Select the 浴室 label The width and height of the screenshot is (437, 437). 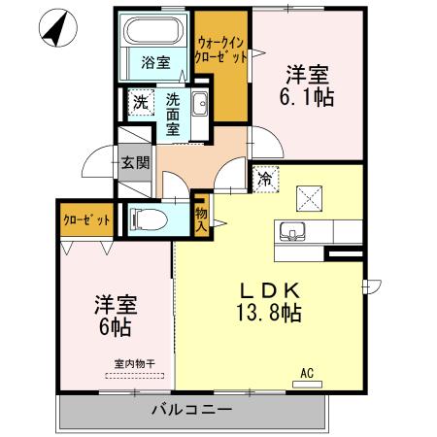tap(155, 64)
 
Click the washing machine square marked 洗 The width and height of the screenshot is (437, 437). tap(140, 101)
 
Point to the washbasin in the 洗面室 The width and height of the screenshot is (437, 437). tap(199, 104)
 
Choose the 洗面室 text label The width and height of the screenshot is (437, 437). tap(172, 113)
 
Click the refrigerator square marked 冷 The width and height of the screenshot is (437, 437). tap(264, 178)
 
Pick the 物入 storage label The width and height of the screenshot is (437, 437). tap(202, 219)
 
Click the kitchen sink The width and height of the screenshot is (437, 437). tap(293, 233)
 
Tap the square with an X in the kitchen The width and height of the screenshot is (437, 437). tap(314, 197)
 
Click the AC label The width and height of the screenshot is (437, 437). tap(307, 372)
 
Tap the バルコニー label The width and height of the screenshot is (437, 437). tap(190, 409)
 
